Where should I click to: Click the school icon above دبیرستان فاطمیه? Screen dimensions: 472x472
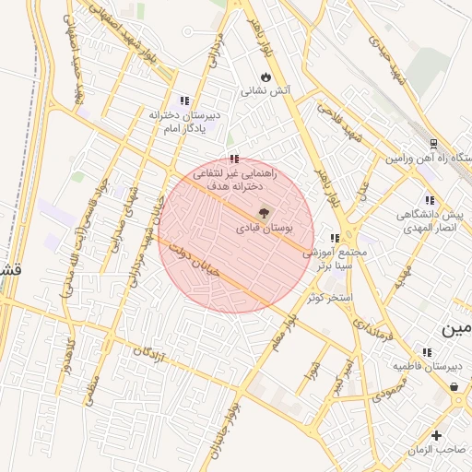click(426, 351)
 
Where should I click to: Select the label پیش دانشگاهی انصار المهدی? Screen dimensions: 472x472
click(429, 221)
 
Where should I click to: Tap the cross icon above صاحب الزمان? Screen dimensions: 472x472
click(436, 434)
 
